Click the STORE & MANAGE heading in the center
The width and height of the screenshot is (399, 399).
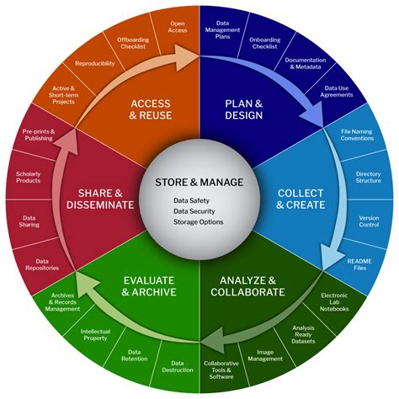point(199,183)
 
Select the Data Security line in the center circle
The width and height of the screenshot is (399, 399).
point(194,211)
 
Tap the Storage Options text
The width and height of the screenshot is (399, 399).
point(199,222)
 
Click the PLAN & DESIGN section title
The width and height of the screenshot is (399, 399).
point(244,109)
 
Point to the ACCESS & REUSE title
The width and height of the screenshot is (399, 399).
point(151,109)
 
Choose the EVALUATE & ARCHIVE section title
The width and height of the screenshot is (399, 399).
point(149,286)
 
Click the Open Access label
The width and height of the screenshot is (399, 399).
point(178,27)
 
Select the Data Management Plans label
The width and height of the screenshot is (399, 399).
point(223,29)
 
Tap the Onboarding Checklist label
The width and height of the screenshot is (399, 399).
point(265,43)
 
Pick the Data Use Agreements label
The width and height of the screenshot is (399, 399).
point(337,92)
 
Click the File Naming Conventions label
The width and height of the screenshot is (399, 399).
point(357,135)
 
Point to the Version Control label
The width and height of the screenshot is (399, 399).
point(369,221)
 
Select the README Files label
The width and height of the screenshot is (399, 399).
point(359,264)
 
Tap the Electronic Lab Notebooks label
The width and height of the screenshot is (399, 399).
point(334,302)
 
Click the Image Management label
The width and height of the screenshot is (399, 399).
point(265,355)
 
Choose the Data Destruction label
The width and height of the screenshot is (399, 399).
point(178,367)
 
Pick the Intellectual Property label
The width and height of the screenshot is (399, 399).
point(95,335)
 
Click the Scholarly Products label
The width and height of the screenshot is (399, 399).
point(28,178)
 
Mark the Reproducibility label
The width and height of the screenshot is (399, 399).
point(95,63)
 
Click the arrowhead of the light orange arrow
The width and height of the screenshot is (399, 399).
point(187,57)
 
